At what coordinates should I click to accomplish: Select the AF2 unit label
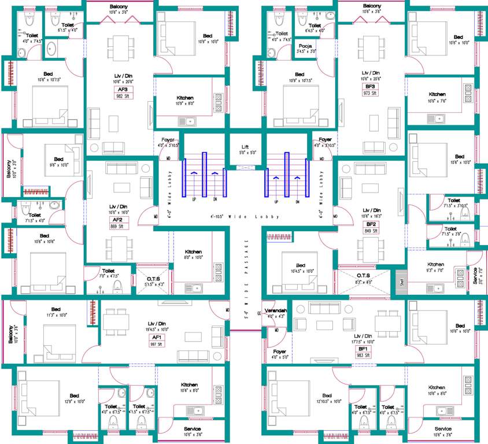[117, 220]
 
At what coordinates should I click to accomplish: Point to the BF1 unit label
[363, 349]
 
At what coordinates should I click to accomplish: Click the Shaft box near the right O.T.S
[401, 282]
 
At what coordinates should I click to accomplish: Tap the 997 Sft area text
[156, 344]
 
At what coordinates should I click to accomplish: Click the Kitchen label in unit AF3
[184, 98]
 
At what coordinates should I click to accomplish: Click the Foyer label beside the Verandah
[279, 351]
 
